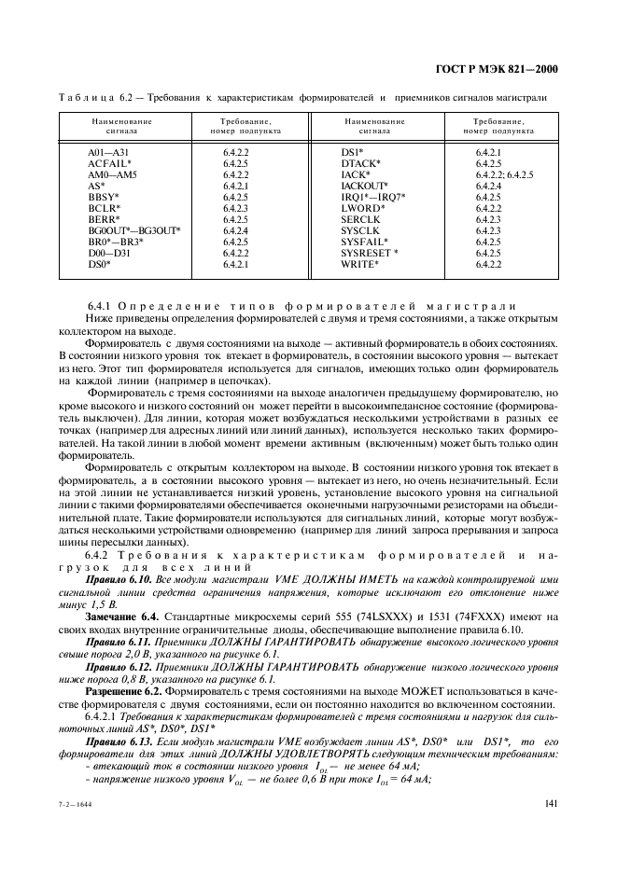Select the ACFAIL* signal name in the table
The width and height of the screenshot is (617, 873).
[110, 162]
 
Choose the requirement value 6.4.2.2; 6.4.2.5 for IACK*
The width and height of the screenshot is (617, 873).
[504, 173]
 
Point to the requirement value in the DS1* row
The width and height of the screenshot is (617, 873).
[488, 151]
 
